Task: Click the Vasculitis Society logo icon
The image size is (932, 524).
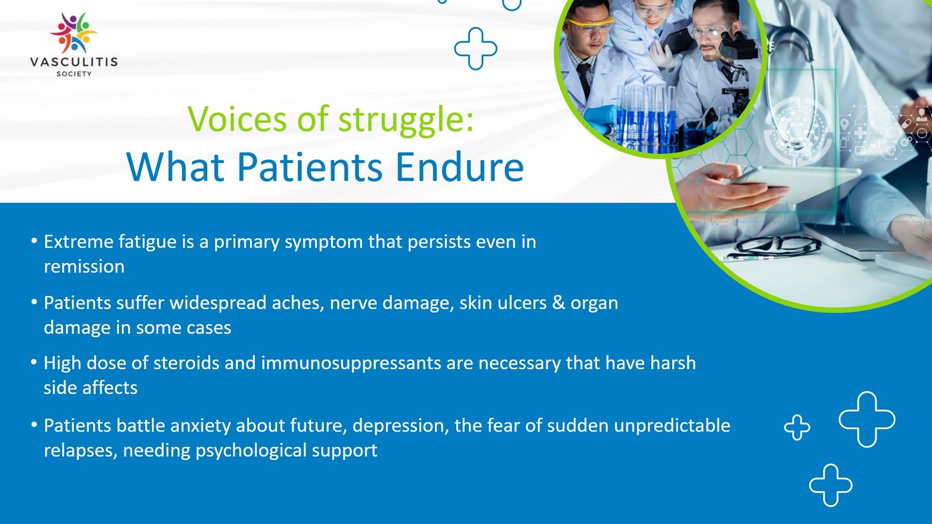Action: point(73,33)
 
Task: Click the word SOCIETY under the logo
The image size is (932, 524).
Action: point(74,74)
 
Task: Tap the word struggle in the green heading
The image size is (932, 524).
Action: point(401,119)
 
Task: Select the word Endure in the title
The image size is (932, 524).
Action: point(460,168)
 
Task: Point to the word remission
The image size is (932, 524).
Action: point(84,267)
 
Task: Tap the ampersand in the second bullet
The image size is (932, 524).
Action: point(559,303)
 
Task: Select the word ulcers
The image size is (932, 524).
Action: point(520,303)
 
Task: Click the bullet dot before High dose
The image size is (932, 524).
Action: point(34,362)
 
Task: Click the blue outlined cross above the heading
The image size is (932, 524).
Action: point(475,48)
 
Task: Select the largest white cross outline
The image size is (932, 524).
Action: point(867,419)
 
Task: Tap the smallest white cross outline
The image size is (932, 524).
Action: point(797,427)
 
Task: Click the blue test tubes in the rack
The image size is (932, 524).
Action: point(644,125)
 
